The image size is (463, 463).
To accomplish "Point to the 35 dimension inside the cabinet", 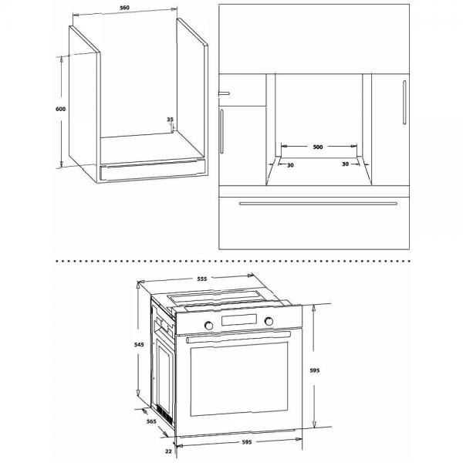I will click(171, 120).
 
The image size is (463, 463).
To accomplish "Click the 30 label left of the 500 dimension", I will click(290, 164).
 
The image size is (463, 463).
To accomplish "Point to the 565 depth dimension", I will click(151, 421).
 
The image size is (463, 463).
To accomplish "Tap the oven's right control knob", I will click(269, 321).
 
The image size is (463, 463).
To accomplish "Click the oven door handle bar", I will click(238, 336).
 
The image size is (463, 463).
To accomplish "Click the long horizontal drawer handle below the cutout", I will click(319, 204).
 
